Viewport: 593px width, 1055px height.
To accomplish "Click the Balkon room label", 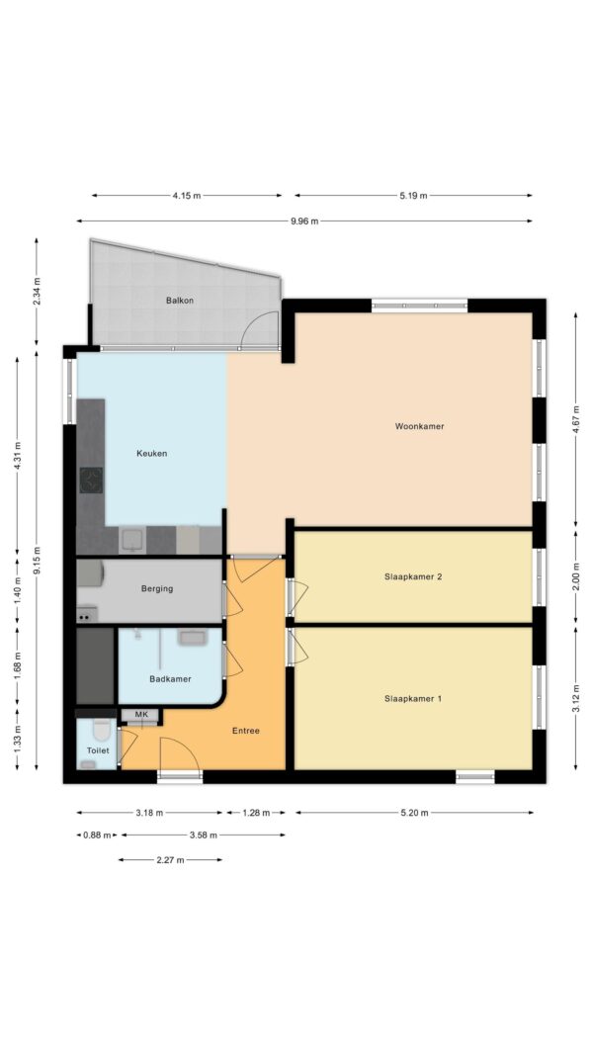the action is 180,301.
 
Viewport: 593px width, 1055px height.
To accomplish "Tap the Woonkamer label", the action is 419,426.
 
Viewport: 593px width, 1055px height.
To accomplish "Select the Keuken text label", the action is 151,454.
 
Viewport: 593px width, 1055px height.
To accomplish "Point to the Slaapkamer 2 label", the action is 413,576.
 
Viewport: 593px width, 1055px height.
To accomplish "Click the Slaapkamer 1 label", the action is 413,699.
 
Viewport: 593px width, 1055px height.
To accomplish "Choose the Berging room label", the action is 157,588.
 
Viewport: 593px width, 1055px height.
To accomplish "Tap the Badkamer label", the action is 170,679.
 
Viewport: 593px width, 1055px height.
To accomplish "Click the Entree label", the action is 245,731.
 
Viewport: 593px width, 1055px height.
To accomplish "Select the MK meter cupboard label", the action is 141,715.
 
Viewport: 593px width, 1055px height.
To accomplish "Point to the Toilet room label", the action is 98,750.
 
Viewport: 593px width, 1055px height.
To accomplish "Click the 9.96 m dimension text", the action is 304,220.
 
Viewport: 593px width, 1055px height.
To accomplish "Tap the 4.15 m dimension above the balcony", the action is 186,196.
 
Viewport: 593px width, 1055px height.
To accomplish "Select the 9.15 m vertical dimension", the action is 37,560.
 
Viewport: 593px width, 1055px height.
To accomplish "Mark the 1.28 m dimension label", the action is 256,813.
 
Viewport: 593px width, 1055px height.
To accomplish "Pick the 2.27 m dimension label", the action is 170,860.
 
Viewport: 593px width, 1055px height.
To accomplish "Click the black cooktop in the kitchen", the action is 91,481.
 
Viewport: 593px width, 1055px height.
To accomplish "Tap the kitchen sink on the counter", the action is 132,540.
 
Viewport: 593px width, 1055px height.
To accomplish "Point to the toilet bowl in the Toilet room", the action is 102,730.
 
